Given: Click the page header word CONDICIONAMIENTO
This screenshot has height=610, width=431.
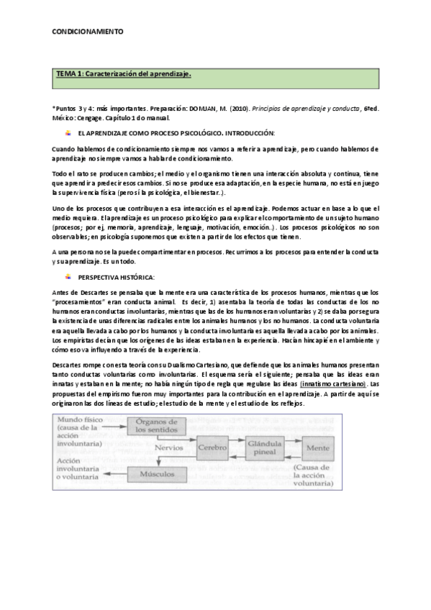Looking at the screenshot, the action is (88, 32).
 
